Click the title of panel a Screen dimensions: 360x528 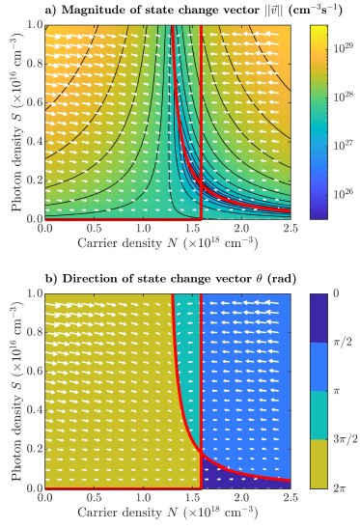coord(193,10)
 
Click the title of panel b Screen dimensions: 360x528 coord(171,279)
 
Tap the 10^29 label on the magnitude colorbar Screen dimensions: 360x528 coord(344,46)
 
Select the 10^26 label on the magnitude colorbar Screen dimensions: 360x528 coord(344,194)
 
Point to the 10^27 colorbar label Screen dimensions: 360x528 coord(344,145)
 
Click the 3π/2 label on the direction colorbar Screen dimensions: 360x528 coord(345,439)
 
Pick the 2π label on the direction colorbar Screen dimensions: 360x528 coord(340,487)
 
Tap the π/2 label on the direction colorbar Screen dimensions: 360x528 coord(342,343)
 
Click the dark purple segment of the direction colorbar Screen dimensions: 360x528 coord(318,319)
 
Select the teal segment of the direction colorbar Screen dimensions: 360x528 coord(318,415)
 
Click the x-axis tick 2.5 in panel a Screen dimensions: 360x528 coord(291,229)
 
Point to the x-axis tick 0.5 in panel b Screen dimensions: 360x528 coord(94,497)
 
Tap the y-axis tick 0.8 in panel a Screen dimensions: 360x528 coord(35,64)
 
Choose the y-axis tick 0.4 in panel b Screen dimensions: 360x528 coord(35,410)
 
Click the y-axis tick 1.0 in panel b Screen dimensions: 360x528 coord(35,293)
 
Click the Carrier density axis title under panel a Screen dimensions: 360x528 coord(167,243)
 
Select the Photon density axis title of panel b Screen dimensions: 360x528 coord(17,391)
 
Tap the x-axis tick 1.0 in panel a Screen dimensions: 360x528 coord(143,229)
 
